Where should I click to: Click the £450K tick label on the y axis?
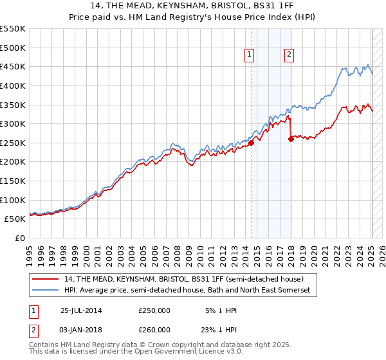[x=13, y=67]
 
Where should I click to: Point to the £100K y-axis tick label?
[x=13, y=200]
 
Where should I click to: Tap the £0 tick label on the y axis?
[x=19, y=238]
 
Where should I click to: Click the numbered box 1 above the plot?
[x=249, y=55]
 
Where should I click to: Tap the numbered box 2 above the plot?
[x=289, y=55]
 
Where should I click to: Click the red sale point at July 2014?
[x=252, y=143]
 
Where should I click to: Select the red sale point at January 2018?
[x=291, y=139]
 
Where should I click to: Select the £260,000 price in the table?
[x=154, y=330]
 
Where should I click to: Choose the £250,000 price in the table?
[x=154, y=310]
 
